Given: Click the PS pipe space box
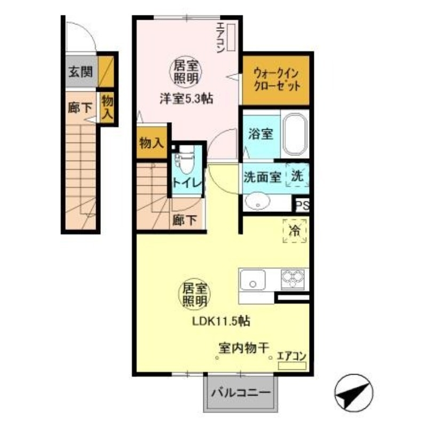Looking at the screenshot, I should [302, 205].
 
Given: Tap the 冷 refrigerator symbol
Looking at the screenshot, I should [295, 232].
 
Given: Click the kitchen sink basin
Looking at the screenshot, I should [253, 279].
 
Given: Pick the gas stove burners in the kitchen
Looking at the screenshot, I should [292, 279].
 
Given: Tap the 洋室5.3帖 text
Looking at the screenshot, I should [183, 98].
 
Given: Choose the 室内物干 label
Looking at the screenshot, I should [243, 349].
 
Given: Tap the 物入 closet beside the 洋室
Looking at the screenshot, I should [152, 143].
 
